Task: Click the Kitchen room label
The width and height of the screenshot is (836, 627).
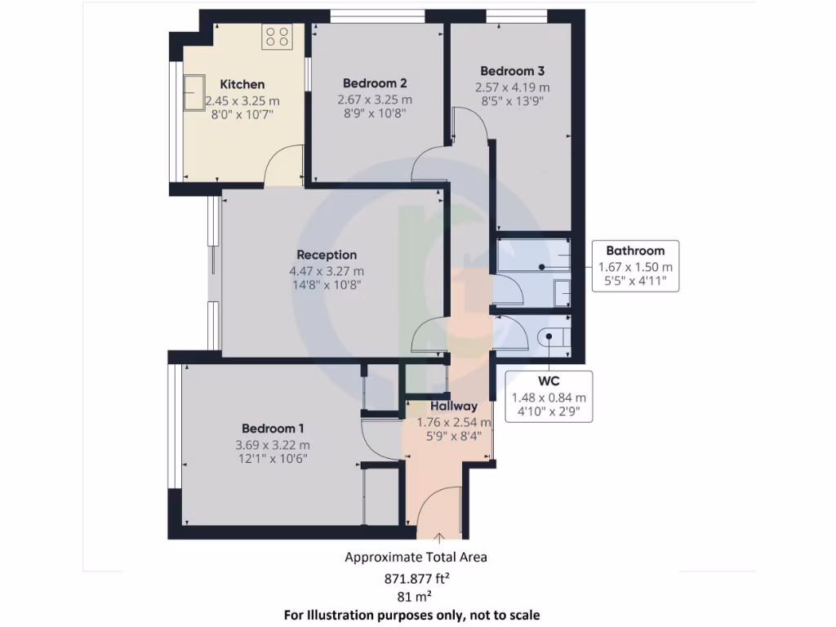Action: [242, 84]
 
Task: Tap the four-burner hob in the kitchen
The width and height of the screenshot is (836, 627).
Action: [276, 36]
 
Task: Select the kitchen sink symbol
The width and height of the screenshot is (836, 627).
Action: [195, 92]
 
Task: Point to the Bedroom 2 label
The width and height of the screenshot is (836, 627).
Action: [375, 83]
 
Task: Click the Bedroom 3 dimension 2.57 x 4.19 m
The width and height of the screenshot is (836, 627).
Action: [512, 87]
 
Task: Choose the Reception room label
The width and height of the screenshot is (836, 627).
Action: [327, 255]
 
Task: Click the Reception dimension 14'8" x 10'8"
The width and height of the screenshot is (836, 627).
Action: [327, 285]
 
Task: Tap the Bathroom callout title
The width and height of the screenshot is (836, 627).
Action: [635, 251]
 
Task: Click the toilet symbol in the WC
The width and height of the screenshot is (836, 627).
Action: [554, 335]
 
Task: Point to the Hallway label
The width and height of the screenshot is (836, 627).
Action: [454, 406]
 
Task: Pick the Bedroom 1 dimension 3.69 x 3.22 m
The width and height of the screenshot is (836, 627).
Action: [273, 445]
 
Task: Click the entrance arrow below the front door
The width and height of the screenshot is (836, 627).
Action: [439, 538]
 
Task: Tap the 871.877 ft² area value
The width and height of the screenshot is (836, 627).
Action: [416, 579]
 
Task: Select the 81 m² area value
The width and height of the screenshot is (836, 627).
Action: [416, 597]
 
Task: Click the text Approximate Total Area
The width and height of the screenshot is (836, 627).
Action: [416, 558]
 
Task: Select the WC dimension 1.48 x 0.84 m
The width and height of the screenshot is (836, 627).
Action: [549, 398]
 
